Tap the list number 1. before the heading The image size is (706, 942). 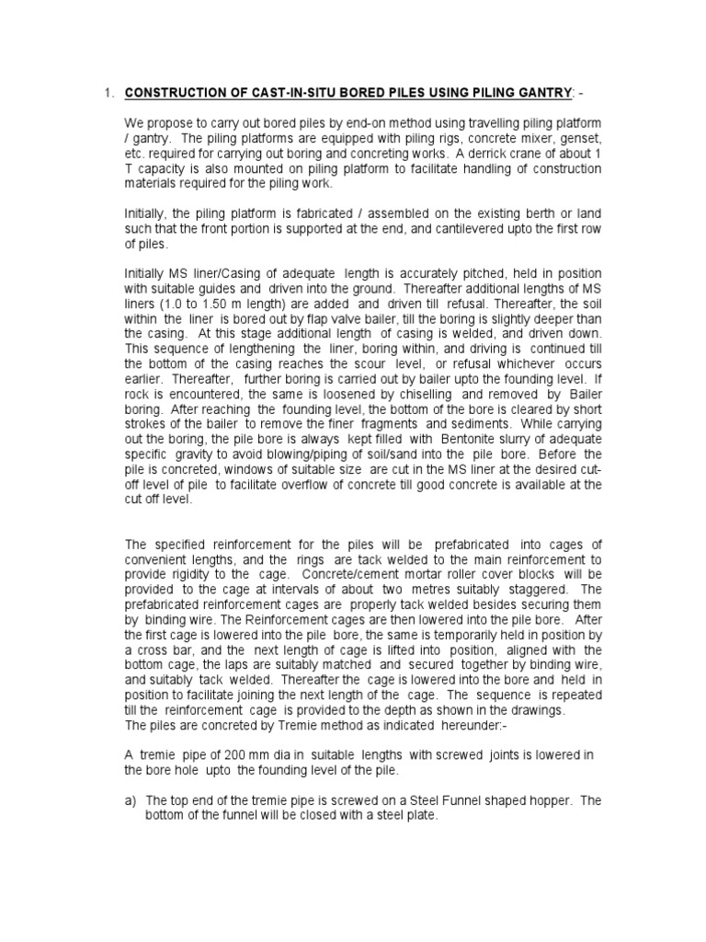(x=108, y=92)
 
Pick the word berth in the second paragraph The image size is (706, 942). (x=489, y=213)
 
